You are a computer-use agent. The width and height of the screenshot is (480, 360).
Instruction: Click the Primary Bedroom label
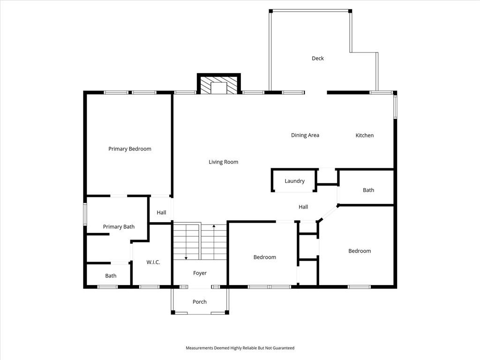pos(130,149)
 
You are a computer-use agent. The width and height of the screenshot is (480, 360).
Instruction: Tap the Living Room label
pos(224,162)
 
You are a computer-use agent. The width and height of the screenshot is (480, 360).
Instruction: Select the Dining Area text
pos(305,135)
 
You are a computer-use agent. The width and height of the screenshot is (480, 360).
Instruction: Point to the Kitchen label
pos(365,135)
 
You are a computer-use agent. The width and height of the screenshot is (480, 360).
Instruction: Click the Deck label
pos(318,58)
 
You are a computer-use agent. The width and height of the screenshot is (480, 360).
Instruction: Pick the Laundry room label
pos(294,181)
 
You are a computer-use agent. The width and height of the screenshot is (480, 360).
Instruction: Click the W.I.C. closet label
pos(153,262)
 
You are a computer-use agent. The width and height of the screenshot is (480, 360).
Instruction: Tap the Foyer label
pos(200,273)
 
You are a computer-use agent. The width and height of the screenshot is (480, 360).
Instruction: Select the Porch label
pos(200,302)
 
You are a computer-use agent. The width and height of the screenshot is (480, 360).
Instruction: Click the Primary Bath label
pos(119,227)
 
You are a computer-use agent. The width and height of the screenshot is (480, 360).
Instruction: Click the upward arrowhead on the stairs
pos(214,226)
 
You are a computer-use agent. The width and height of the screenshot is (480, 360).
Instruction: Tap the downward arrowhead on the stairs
pos(186,258)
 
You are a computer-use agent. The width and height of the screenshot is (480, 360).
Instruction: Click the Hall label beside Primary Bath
pos(161,212)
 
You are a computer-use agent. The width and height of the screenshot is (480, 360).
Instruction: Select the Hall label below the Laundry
pos(303,207)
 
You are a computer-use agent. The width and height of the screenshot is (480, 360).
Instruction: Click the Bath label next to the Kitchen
pos(368,190)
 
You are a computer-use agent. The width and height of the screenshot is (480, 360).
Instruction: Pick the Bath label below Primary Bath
pos(111,276)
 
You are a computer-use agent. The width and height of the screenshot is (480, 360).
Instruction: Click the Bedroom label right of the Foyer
pos(265,257)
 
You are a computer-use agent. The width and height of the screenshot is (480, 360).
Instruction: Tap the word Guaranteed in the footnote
pos(284,348)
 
